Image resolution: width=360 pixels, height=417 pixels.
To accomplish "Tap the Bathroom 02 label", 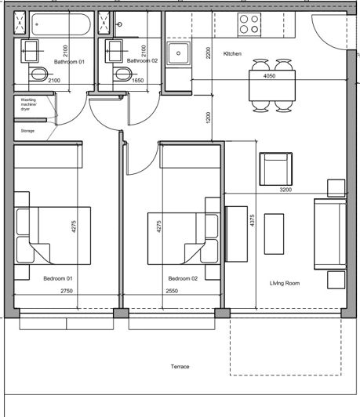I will [143, 60].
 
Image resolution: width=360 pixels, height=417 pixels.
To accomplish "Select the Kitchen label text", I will [233, 54].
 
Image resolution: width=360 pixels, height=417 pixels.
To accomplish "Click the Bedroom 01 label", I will [58, 278].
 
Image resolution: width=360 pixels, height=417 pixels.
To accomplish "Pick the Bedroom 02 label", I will [183, 278].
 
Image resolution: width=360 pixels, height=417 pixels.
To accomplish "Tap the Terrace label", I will [180, 367].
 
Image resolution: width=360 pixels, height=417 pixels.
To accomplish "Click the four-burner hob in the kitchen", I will [249, 25].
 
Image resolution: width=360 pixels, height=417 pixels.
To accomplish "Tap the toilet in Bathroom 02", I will [122, 74].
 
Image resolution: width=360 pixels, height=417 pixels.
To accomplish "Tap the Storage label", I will [28, 131].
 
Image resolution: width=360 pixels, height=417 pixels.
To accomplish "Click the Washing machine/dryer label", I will [29, 105].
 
